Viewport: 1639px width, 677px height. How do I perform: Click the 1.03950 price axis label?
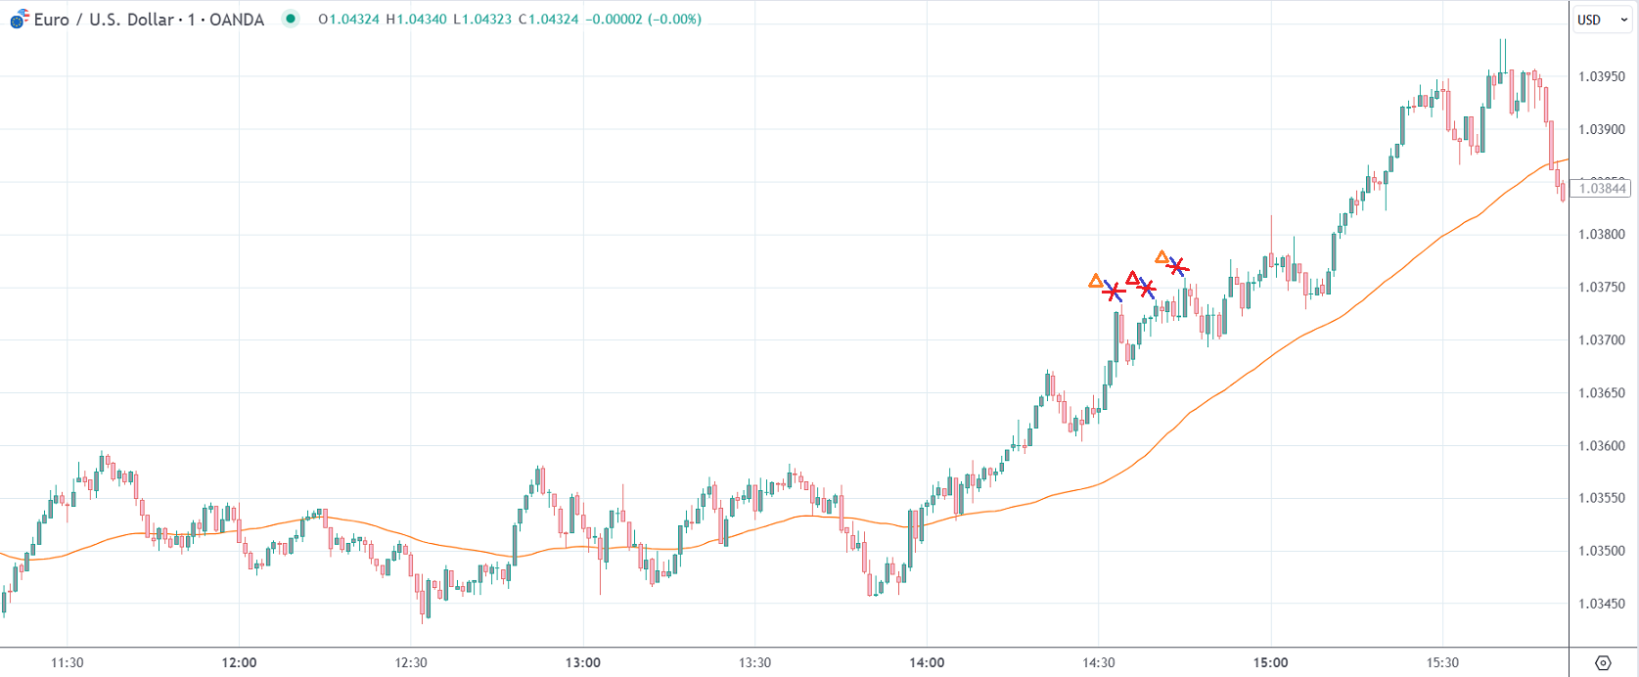coord(1602,76)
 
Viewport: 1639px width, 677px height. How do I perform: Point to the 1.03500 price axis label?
coord(1602,551)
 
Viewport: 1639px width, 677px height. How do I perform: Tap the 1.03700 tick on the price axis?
coord(1602,340)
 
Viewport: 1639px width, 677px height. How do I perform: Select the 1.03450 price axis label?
coord(1602,604)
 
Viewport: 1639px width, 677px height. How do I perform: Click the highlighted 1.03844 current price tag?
coord(1603,189)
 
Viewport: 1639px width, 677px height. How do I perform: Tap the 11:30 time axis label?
coord(67,662)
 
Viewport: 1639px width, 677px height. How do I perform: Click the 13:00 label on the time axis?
coord(583,662)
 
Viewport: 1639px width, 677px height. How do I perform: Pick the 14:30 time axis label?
coord(1099,662)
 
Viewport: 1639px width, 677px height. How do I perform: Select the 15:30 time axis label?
coord(1442,662)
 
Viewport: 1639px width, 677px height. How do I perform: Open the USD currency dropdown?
coord(1602,20)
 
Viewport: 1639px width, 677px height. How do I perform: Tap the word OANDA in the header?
coord(237,20)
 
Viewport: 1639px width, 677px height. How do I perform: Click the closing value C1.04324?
coord(547,20)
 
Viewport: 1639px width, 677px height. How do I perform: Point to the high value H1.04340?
coord(416,20)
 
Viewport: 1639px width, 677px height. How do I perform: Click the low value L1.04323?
coord(482,20)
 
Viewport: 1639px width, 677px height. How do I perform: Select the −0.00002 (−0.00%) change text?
coord(643,20)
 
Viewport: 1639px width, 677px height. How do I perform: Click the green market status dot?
coord(291,19)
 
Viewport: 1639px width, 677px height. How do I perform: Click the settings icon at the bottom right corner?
coord(1603,662)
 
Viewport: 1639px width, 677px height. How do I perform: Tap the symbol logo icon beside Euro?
coord(19,19)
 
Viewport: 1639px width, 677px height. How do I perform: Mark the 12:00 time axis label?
coord(239,662)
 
